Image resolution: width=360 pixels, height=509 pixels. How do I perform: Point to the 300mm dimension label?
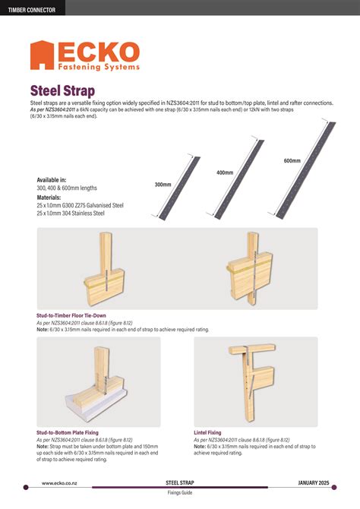pos(163,185)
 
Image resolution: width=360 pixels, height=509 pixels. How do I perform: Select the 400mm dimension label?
pos(225,172)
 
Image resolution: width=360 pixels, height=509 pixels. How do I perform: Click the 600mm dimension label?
pos(292,161)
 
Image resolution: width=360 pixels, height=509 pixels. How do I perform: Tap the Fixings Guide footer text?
pos(181,493)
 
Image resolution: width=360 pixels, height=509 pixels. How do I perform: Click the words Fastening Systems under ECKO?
pos(99,67)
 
